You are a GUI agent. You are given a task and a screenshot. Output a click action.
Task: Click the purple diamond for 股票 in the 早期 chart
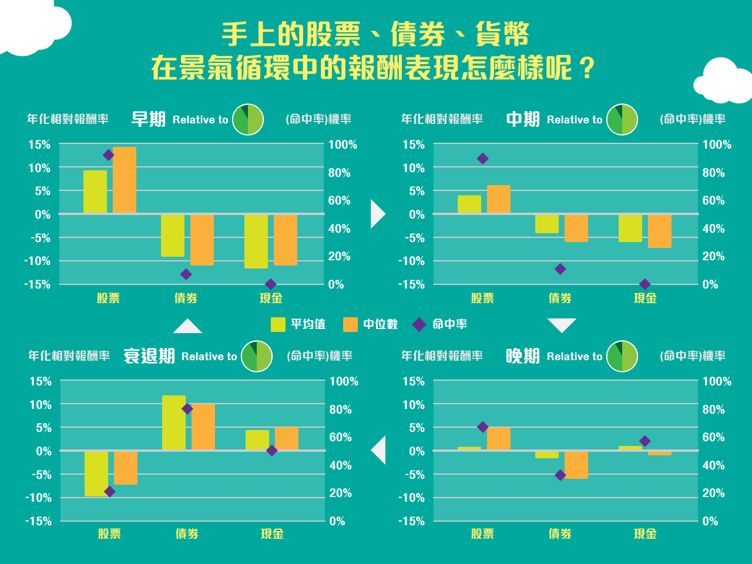[x=108, y=155]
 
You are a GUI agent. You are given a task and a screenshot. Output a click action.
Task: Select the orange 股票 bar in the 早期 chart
[x=125, y=180]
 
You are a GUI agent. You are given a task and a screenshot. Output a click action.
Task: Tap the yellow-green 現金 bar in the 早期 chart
[x=256, y=241]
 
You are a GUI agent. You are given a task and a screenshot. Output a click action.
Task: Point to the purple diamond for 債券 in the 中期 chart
[x=560, y=269]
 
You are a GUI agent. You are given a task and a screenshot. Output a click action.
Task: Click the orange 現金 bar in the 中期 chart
[x=660, y=231]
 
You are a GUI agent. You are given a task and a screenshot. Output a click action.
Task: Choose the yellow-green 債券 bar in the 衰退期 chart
[x=174, y=423]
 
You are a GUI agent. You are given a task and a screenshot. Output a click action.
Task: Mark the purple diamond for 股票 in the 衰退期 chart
[x=109, y=492]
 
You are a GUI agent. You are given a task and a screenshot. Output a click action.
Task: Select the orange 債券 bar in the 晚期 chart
[x=576, y=465]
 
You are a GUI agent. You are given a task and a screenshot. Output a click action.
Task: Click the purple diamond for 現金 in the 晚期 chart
[x=645, y=441]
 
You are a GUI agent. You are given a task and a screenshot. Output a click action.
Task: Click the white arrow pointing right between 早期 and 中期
[x=377, y=214]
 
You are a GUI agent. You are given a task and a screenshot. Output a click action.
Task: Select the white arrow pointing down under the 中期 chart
[x=562, y=325]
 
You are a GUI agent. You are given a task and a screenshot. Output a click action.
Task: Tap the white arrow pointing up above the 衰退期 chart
[x=187, y=327]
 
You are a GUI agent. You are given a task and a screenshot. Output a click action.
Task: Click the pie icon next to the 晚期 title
[x=622, y=356]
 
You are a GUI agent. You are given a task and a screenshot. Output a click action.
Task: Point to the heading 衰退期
[x=149, y=356]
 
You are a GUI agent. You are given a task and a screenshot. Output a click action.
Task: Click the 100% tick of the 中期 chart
[x=717, y=145]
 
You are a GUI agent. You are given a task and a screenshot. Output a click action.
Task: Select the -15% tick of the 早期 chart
[x=38, y=284]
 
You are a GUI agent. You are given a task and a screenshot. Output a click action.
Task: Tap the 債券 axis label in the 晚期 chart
[x=560, y=534]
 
